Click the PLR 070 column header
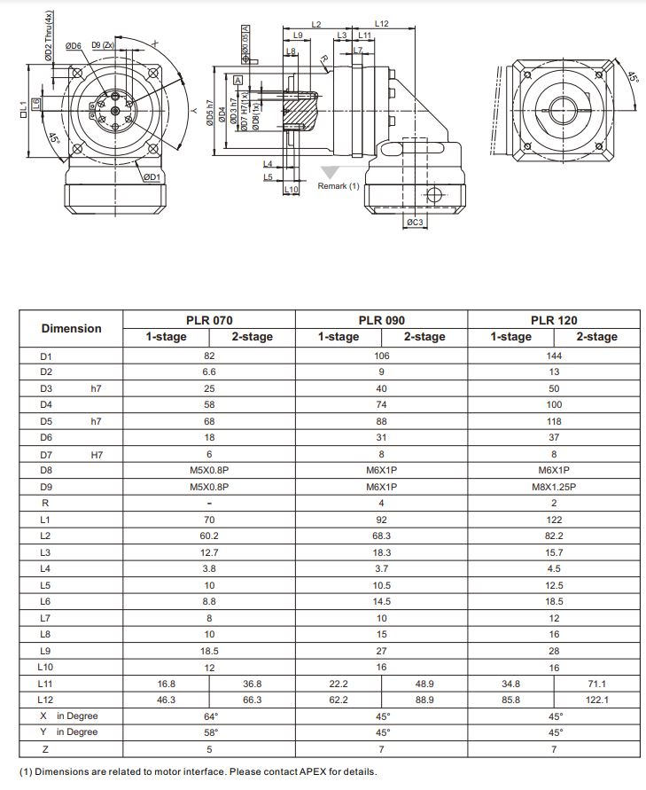209,319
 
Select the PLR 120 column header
554,319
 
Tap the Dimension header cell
71,328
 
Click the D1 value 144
554,355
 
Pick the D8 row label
46,471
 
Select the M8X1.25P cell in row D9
554,487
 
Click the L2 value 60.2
209,536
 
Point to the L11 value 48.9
424,684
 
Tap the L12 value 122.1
596,700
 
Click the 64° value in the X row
209,716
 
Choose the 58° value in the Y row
209,732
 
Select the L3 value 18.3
382,552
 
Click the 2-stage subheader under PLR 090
424,337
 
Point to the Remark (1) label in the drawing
339,186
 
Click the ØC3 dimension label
414,222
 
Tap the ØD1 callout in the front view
152,177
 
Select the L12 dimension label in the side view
381,24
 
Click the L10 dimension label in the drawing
291,190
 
